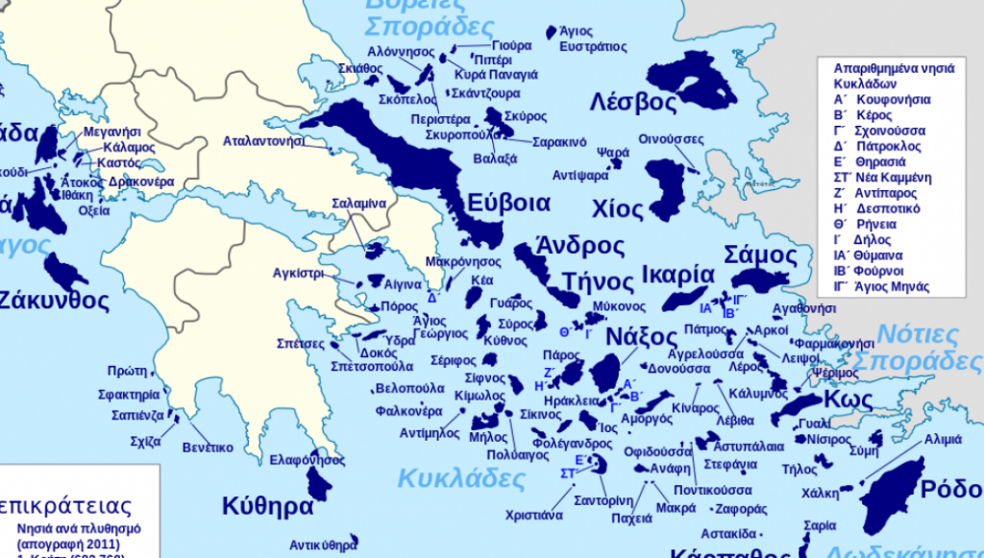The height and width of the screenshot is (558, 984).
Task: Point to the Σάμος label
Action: (760, 255)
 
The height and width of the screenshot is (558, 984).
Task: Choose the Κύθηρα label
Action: (268, 506)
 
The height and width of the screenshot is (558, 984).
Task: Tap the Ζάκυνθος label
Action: (53, 300)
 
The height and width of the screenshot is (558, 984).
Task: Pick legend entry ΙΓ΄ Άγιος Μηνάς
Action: (881, 286)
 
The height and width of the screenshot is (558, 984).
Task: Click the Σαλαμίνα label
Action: (358, 204)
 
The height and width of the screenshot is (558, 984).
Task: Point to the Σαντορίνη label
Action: (603, 500)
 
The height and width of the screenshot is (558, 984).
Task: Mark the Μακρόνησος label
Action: (463, 261)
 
